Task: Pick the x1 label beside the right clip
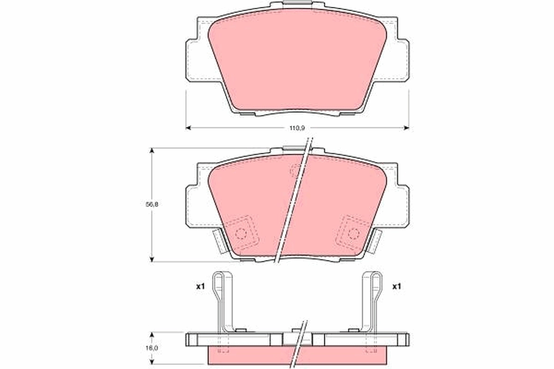tap(396, 286)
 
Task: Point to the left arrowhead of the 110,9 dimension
tap(188, 127)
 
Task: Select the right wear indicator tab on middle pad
tap(375, 241)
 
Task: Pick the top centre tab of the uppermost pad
tap(298, 6)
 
